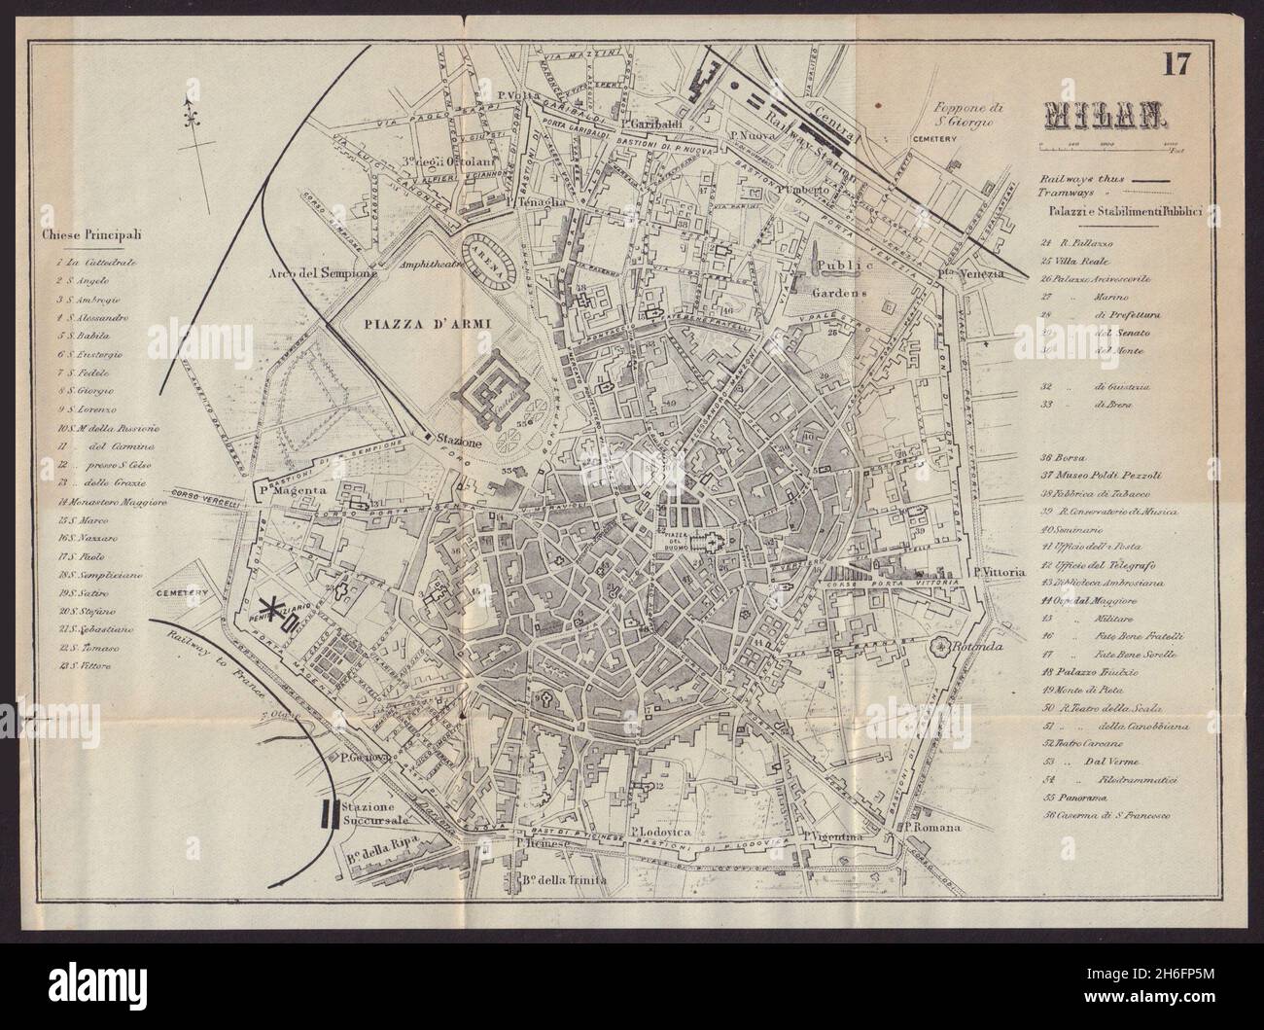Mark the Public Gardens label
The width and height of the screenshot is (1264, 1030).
click(841, 278)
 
